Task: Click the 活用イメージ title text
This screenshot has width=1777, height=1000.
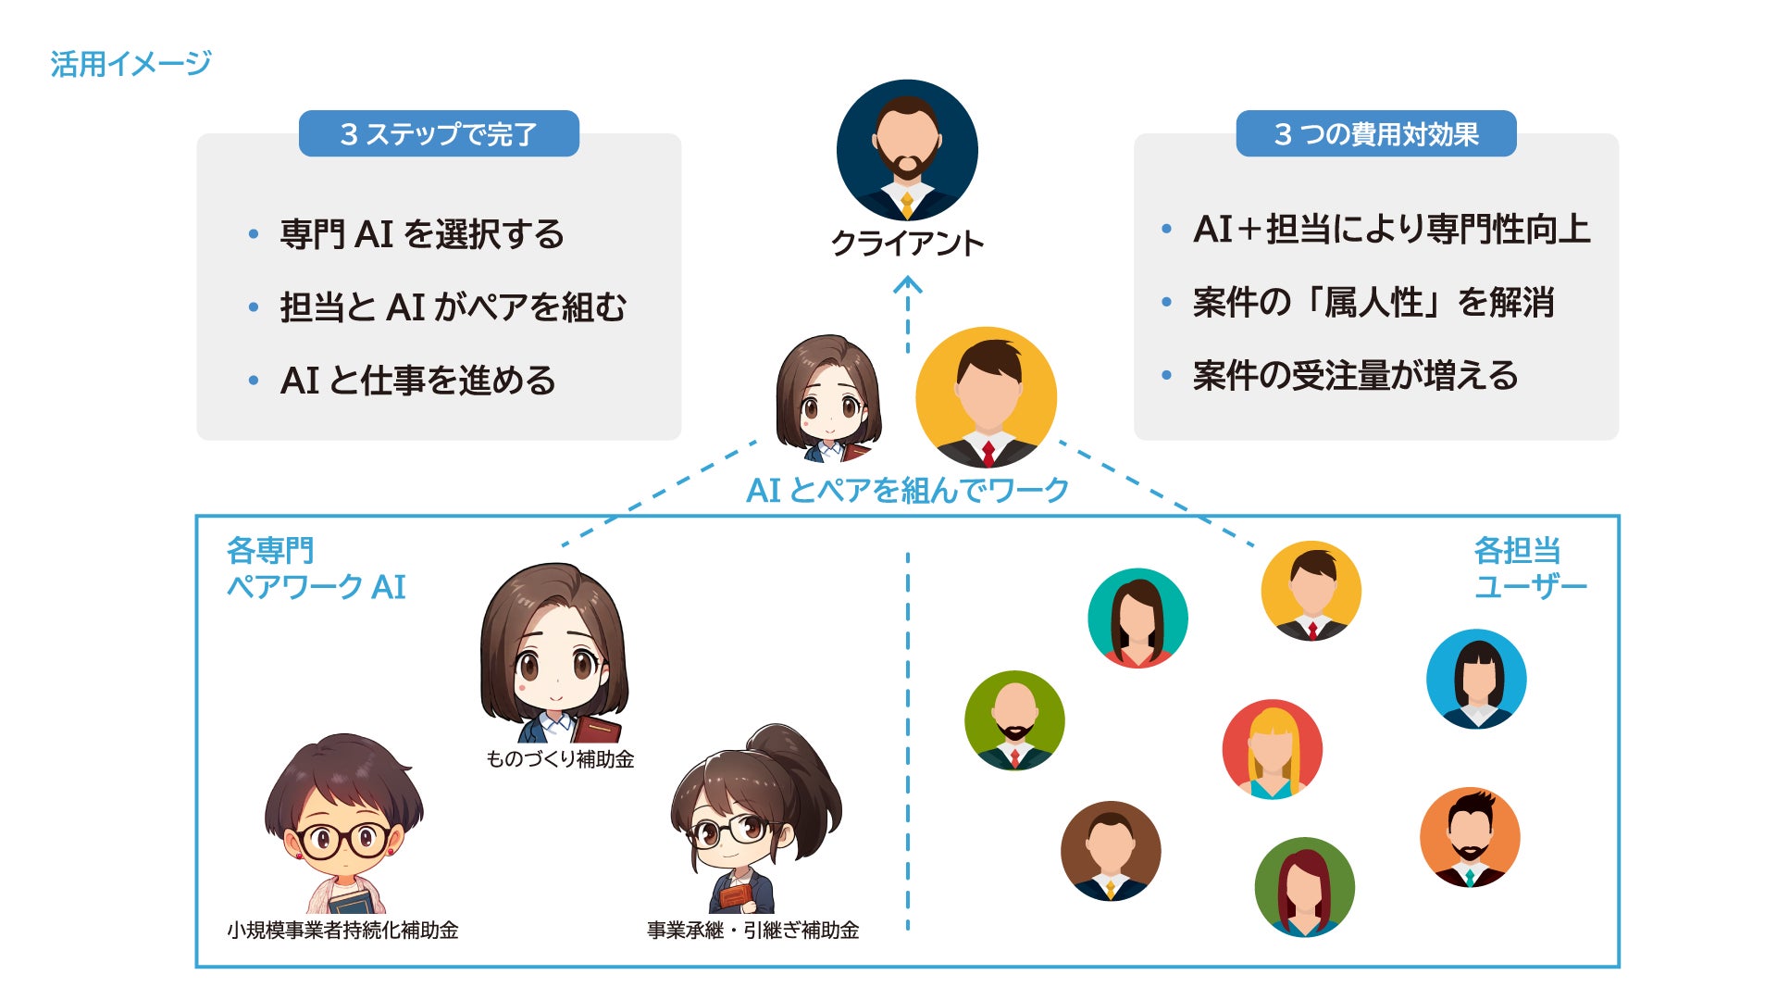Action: [130, 64]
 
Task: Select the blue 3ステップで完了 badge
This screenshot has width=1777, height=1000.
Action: [439, 134]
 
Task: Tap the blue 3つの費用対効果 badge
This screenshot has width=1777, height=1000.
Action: [1376, 134]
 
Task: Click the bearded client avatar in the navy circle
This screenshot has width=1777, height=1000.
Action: [907, 150]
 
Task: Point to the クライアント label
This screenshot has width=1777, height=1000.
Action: [907, 244]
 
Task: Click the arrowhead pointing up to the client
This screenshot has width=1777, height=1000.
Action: [907, 284]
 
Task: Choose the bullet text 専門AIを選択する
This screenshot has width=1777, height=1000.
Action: [422, 234]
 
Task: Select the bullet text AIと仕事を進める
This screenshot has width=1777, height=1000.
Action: [417, 381]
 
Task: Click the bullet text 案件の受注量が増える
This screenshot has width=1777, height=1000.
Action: [1355, 376]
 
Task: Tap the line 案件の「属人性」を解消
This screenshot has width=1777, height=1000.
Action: [1373, 303]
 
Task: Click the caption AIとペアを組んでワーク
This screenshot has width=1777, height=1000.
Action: [907, 490]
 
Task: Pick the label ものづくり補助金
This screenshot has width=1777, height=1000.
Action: [560, 759]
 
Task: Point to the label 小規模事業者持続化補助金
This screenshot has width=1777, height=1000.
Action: [342, 930]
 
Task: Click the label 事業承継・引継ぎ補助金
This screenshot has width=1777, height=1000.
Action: [752, 930]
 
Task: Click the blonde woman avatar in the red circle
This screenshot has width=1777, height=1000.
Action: [1273, 749]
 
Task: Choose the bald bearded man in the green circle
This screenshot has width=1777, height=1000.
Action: [1014, 720]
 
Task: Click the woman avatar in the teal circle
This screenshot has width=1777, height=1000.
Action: [1137, 618]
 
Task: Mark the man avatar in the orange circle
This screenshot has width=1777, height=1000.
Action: [1470, 837]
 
